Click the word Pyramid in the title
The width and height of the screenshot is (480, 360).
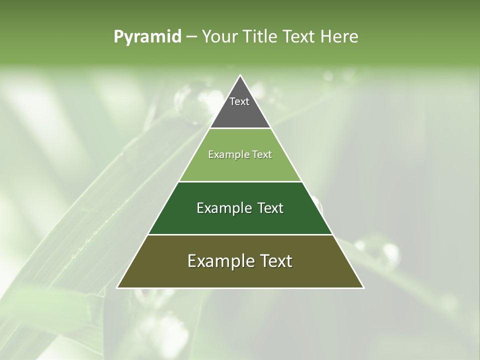point(147,37)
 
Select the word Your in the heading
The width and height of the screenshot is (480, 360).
point(219,37)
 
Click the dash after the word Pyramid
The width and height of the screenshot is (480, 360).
point(191,37)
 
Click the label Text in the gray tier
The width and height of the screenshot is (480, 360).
point(239,101)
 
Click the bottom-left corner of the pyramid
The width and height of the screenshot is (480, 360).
point(117,287)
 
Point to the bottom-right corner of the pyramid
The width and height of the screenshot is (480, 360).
point(363,287)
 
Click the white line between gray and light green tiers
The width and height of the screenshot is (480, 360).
point(240,128)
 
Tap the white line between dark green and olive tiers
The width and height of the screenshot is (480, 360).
point(240,234)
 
